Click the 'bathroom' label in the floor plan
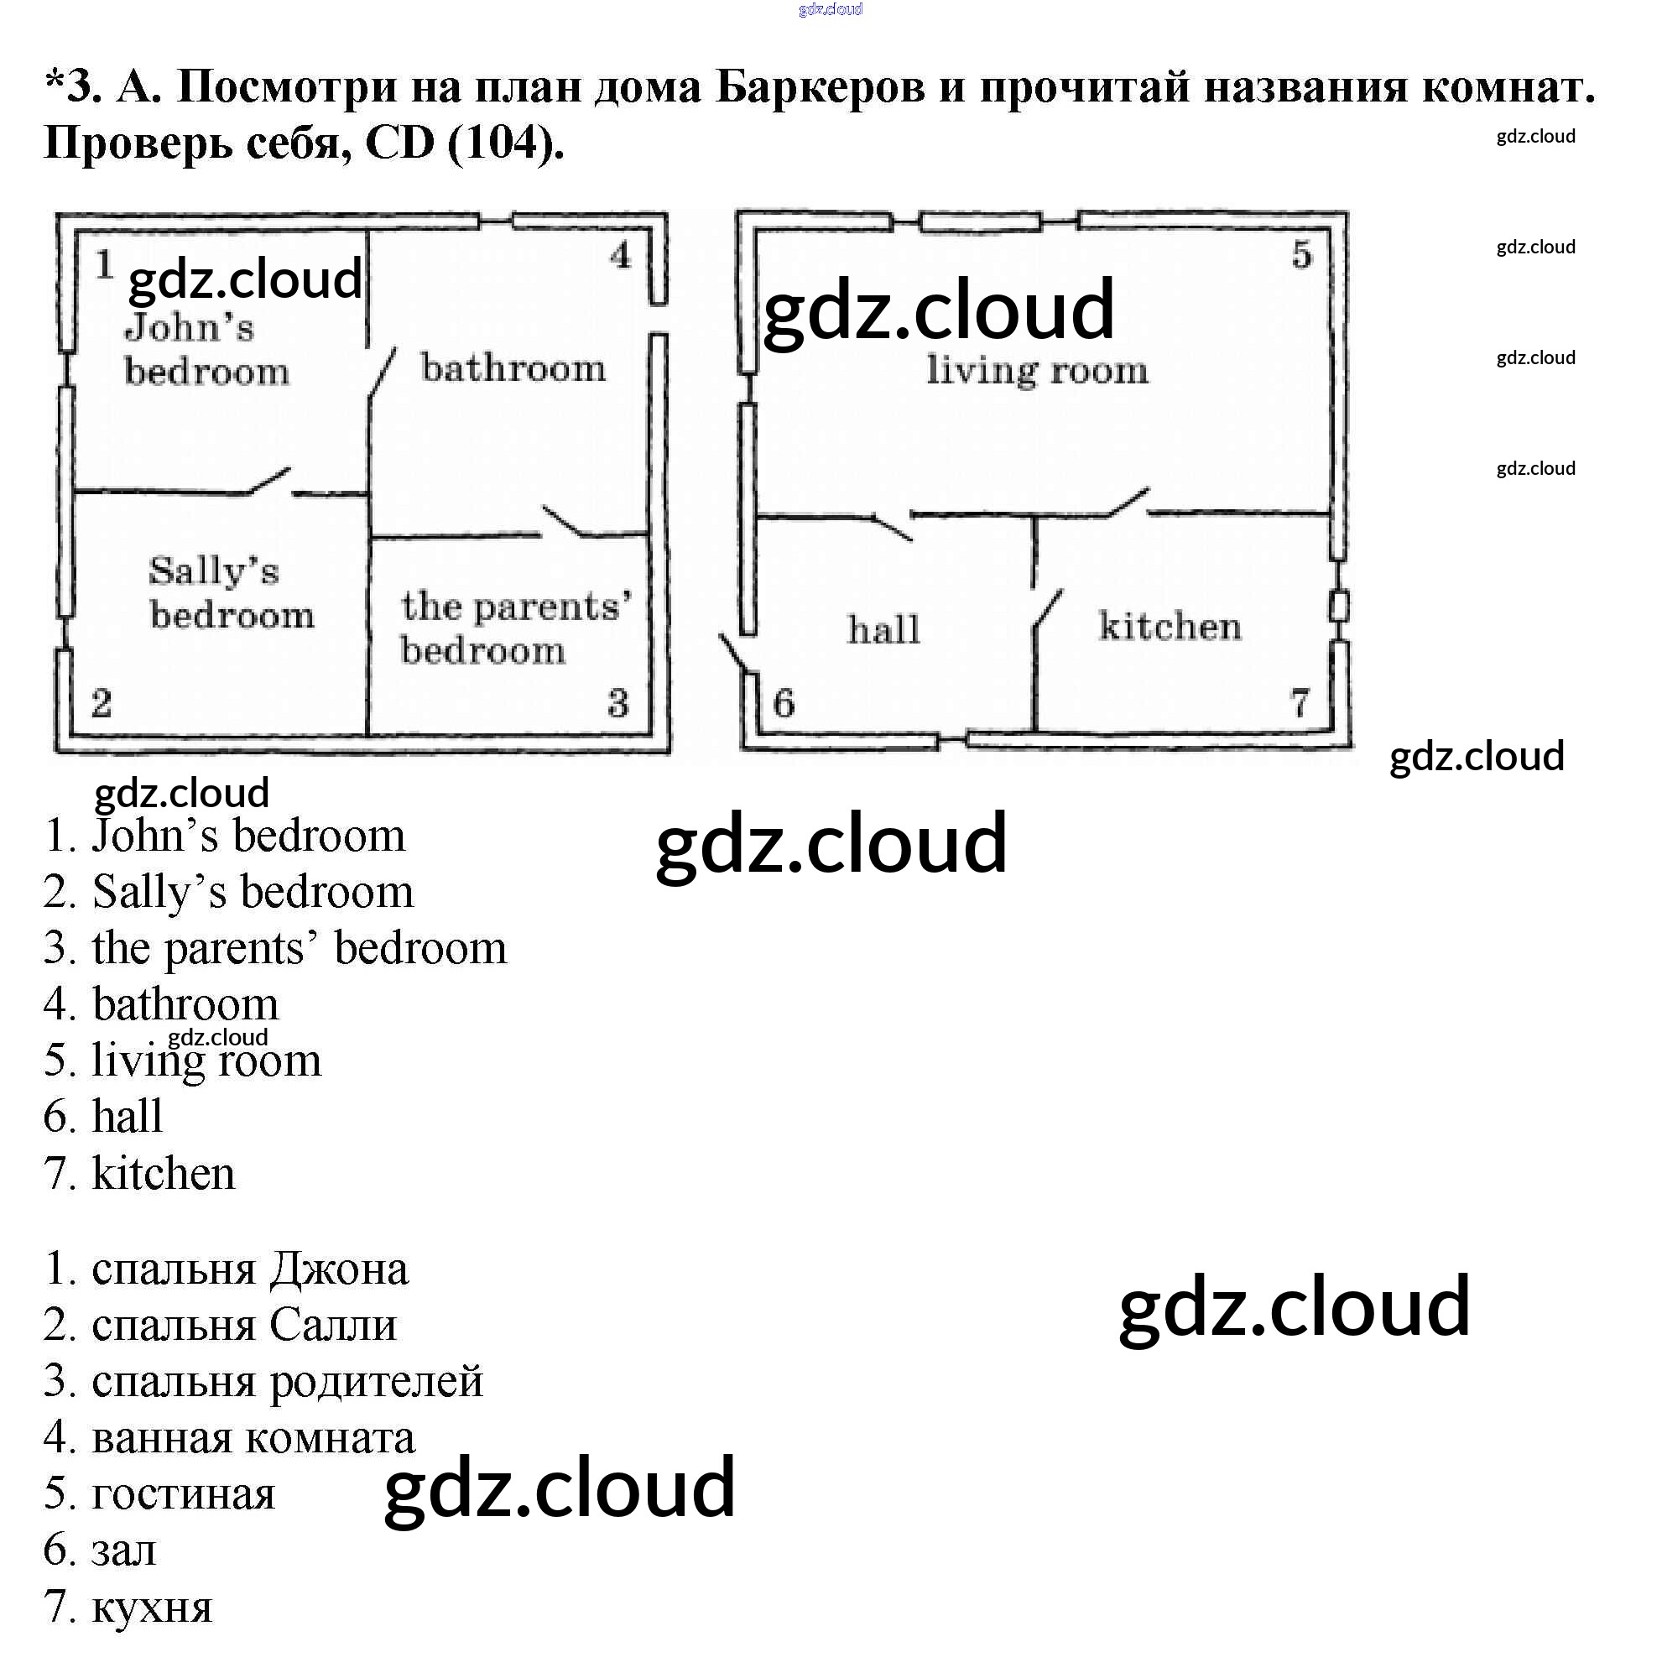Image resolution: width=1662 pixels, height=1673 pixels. pyautogui.click(x=513, y=369)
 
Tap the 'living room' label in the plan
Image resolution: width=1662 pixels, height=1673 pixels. pyautogui.click(x=1037, y=371)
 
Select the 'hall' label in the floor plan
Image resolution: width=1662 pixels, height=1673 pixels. pyautogui.click(x=883, y=629)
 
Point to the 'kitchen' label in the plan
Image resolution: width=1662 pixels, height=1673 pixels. pyautogui.click(x=1170, y=626)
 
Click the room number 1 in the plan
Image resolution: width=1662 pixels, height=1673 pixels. pyautogui.click(x=105, y=264)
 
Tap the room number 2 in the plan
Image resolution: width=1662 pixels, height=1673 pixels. pyautogui.click(x=102, y=703)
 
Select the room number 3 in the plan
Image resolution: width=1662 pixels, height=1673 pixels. pyautogui.click(x=617, y=703)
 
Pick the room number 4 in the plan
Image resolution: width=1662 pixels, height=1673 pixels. pyautogui.click(x=621, y=255)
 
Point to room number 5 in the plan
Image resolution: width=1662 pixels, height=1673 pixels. pyautogui.click(x=1302, y=254)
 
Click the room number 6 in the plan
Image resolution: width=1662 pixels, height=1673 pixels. pyautogui.click(x=784, y=703)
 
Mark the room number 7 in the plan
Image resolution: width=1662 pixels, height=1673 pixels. pyautogui.click(x=1300, y=703)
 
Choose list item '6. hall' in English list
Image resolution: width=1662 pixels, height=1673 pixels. pyautogui.click(x=103, y=1117)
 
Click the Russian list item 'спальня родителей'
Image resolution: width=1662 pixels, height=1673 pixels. pyautogui.click(x=263, y=1382)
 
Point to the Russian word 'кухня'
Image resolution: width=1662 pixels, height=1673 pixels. pyautogui.click(x=152, y=1608)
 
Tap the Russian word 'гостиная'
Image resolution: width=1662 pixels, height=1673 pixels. pyautogui.click(x=183, y=1494)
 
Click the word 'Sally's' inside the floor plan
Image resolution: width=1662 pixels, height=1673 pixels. pyautogui.click(x=213, y=571)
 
